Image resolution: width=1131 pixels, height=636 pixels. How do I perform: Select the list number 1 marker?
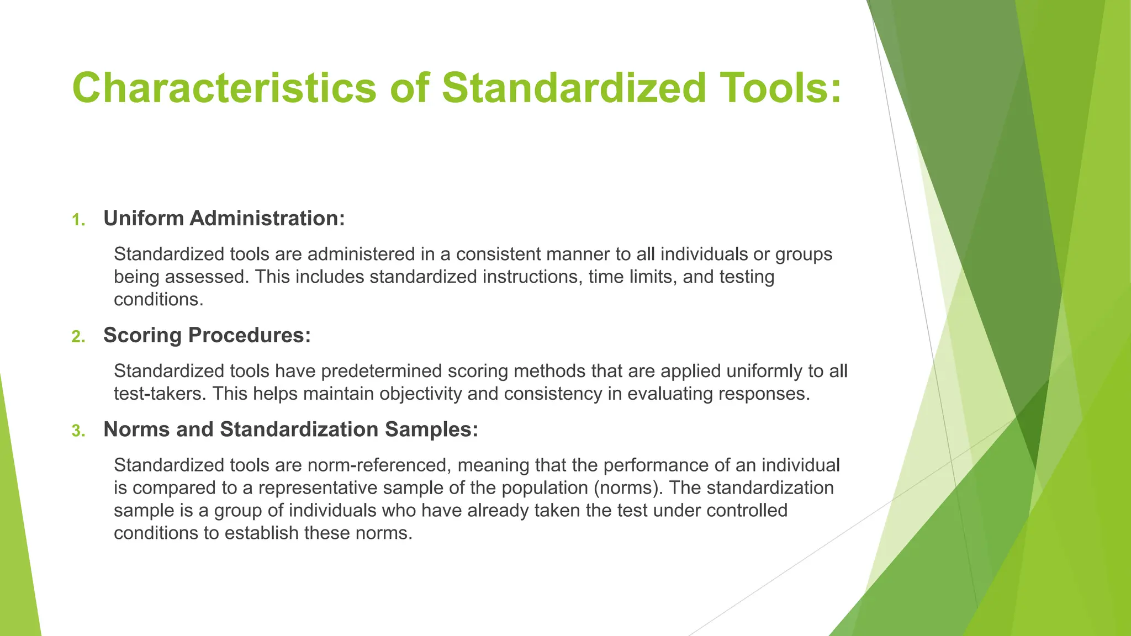78,220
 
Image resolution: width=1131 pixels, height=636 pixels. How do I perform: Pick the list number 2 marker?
78,337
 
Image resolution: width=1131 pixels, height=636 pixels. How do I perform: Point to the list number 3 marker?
78,431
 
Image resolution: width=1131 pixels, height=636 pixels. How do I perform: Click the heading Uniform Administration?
224,219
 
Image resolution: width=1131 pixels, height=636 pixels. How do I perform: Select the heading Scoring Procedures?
207,335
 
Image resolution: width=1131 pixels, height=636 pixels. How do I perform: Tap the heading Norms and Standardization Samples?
290,430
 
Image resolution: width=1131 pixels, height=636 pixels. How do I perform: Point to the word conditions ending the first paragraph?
158,299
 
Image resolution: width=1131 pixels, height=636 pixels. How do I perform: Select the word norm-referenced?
379,465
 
